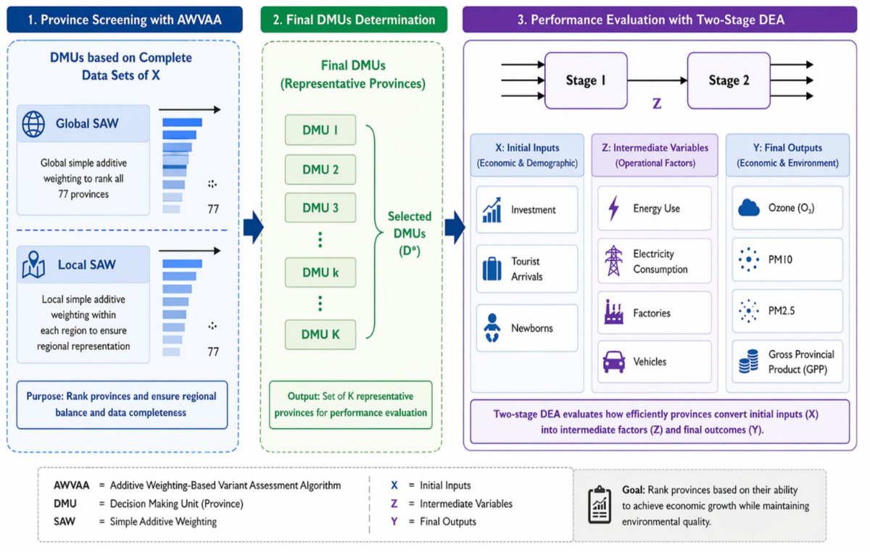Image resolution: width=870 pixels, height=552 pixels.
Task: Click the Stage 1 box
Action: pos(586,80)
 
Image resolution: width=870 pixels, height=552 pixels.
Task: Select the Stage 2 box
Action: pos(729,80)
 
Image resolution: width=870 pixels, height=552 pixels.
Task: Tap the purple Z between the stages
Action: pos(657,104)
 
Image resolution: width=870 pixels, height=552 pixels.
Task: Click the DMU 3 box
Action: pos(320,208)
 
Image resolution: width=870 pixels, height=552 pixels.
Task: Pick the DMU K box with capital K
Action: pos(320,334)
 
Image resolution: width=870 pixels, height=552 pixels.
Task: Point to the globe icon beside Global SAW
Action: pos(33,124)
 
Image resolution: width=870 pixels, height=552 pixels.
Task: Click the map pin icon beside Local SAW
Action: pos(33,264)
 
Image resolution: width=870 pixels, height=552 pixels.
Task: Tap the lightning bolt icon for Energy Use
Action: pos(613,209)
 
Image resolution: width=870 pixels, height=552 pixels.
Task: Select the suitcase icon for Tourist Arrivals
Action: pos(492,269)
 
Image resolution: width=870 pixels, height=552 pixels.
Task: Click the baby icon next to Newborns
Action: pos(492,328)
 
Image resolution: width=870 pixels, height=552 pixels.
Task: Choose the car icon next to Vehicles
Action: pos(613,361)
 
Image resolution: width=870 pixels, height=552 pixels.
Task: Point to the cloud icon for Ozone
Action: pos(748,208)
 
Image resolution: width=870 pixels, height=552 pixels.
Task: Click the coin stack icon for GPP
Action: pos(748,361)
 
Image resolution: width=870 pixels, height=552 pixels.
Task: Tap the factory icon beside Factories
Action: pos(613,311)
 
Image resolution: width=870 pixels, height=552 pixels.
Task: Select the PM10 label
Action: pos(780,259)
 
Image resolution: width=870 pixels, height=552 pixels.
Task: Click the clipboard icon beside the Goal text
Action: pos(600,505)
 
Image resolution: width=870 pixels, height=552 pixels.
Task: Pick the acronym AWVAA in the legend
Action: pos(72,485)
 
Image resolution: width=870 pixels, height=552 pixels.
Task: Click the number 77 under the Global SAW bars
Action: pos(213,209)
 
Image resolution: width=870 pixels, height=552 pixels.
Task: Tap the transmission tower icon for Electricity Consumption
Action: pos(613,261)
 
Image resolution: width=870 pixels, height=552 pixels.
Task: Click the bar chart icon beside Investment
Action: pos(492,209)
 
